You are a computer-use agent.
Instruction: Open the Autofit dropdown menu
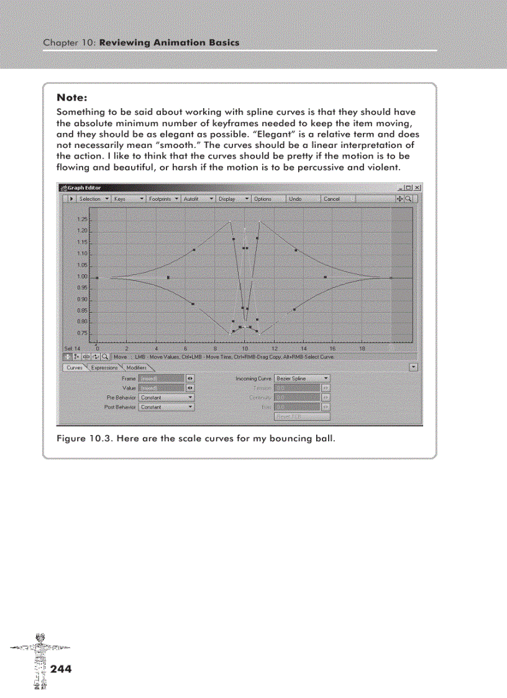pyautogui.click(x=198, y=199)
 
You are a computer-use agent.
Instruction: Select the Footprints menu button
pyautogui.click(x=163, y=199)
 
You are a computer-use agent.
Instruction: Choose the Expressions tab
pyautogui.click(x=104, y=368)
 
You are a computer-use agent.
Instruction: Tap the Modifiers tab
pyautogui.click(x=137, y=368)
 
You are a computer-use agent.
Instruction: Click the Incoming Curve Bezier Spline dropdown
pyautogui.click(x=302, y=378)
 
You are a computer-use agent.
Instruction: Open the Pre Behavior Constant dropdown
pyautogui.click(x=167, y=397)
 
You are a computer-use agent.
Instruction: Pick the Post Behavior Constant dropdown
pyautogui.click(x=167, y=407)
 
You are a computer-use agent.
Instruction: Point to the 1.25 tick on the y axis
pyautogui.click(x=82, y=220)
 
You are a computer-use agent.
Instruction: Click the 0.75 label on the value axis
pyautogui.click(x=82, y=333)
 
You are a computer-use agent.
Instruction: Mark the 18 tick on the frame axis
pyautogui.click(x=362, y=349)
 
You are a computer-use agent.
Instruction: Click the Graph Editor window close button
pyautogui.click(x=418, y=188)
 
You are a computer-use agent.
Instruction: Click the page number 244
pyautogui.click(x=61, y=669)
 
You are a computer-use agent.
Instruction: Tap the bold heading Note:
pyautogui.click(x=71, y=98)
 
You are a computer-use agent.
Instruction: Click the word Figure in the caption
pyautogui.click(x=70, y=438)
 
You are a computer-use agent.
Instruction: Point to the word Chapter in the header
pyautogui.click(x=60, y=43)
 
